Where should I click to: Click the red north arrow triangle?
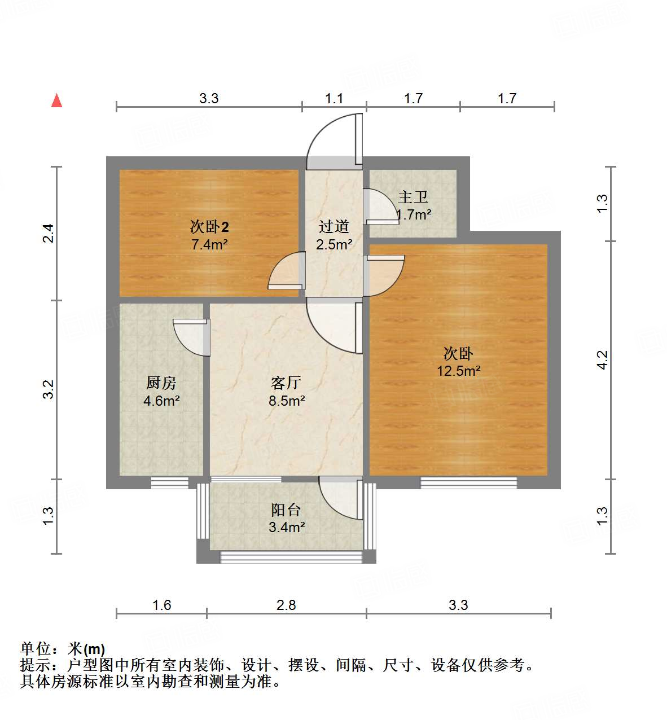[x=56, y=100]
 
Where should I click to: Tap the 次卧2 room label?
[x=209, y=227]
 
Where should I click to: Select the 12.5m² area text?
[x=458, y=371]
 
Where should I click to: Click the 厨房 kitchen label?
[x=161, y=383]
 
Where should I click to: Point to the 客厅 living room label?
[x=286, y=383]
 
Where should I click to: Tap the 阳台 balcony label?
[x=286, y=510]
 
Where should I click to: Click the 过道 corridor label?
[x=334, y=227]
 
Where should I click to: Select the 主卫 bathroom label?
[x=413, y=197]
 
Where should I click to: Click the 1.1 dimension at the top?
[x=334, y=99]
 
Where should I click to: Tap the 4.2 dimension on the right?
[x=602, y=360]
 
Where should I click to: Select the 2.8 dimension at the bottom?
[x=286, y=605]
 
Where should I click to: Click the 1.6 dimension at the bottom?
[x=161, y=605]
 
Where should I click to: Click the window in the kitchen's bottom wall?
[x=170, y=482]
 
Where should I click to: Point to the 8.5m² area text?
[x=287, y=401]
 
